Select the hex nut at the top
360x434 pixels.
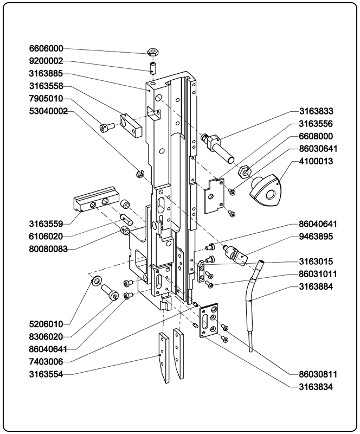153,53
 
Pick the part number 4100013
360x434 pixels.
324,161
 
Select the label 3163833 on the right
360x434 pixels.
324,111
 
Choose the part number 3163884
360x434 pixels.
324,286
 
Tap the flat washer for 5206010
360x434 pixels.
96,281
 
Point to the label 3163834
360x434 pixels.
324,387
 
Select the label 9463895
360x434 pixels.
324,237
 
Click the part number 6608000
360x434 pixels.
324,136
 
